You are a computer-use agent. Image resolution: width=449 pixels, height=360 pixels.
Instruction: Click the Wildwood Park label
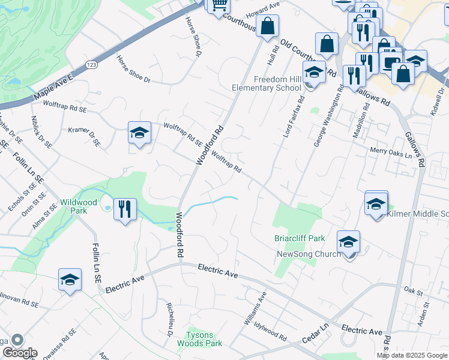pos(73,206)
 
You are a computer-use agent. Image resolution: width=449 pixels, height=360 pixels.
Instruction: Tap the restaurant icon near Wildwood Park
pos(125,209)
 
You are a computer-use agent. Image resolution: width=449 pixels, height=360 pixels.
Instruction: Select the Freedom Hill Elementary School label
pos(267,83)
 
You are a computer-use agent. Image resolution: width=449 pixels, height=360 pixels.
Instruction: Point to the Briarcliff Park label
pos(300,238)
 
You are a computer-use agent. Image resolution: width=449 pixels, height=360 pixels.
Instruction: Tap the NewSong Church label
pos(307,254)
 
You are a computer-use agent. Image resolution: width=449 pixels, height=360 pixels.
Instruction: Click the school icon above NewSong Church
pos(348,242)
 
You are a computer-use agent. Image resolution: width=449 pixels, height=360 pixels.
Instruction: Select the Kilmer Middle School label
pos(418,214)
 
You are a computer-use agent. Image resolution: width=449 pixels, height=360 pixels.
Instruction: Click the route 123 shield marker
pos(91,65)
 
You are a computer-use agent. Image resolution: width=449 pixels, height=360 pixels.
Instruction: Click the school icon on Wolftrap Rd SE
pos(139,133)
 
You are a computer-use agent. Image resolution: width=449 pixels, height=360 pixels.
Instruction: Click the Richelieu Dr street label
pos(170,317)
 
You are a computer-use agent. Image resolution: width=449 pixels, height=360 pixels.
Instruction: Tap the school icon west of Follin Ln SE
pos(70,280)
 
